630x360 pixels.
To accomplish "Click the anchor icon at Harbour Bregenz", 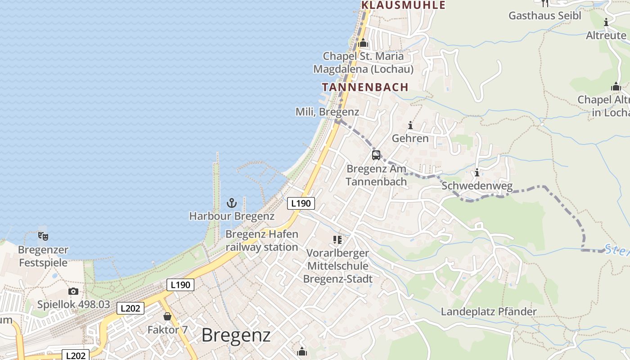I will click(232, 203).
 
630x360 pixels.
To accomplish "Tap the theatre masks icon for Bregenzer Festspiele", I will click(43, 236).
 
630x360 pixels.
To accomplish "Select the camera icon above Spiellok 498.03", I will click(73, 292).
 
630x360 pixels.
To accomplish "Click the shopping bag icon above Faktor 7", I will click(167, 316).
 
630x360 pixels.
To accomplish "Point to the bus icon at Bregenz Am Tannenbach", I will click(376, 155).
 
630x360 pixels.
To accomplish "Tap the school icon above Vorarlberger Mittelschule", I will click(337, 239).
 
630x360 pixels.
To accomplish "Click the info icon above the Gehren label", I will click(410, 125).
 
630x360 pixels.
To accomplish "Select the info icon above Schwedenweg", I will click(477, 172).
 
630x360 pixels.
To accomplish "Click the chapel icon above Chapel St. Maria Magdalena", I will click(363, 43).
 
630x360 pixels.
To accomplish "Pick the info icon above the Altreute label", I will click(606, 22).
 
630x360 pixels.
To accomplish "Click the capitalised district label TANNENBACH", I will click(365, 87).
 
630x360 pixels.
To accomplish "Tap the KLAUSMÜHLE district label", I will click(403, 5).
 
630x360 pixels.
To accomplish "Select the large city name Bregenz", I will click(236, 335).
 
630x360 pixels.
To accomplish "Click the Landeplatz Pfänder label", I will click(489, 311).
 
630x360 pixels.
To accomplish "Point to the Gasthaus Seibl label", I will click(544, 15).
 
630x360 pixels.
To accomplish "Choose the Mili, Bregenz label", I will click(327, 112).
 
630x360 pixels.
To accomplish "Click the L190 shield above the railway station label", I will click(301, 203).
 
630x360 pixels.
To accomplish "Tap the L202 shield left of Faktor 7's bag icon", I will click(130, 308).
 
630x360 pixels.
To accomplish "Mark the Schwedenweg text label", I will click(477, 186).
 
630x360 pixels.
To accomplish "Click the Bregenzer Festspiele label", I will click(43, 256).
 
